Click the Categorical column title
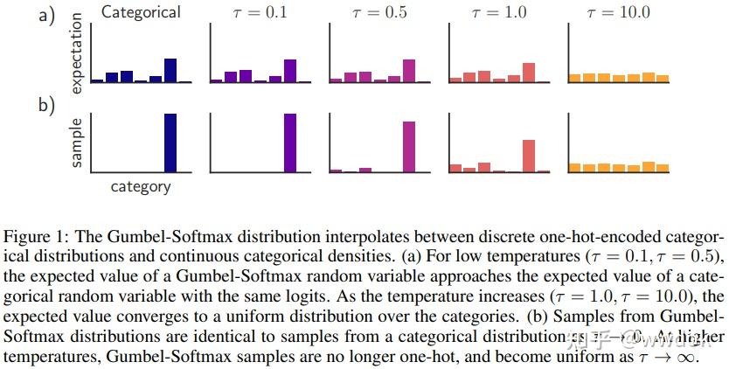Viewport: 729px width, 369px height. coord(141,12)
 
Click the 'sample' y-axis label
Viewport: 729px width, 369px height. coord(76,143)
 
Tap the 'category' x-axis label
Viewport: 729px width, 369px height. coord(141,186)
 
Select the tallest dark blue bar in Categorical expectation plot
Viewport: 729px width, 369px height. coord(170,70)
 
